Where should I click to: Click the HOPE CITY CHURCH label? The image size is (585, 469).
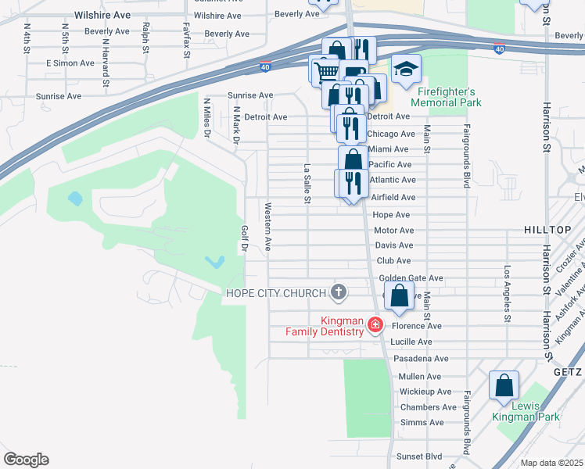click(x=275, y=293)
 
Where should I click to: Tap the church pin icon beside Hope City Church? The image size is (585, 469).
click(x=338, y=293)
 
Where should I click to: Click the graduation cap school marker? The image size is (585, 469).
click(x=406, y=70)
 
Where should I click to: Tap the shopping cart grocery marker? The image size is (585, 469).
click(x=326, y=72)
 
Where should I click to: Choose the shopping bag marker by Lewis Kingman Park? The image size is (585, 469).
click(x=504, y=386)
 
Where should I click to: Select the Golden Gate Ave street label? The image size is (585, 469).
click(x=411, y=277)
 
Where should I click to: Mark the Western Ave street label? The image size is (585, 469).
click(x=267, y=227)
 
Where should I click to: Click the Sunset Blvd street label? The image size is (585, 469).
click(x=420, y=456)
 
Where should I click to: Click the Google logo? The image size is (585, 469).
click(x=26, y=460)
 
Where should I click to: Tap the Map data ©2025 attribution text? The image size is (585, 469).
click(x=551, y=463)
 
